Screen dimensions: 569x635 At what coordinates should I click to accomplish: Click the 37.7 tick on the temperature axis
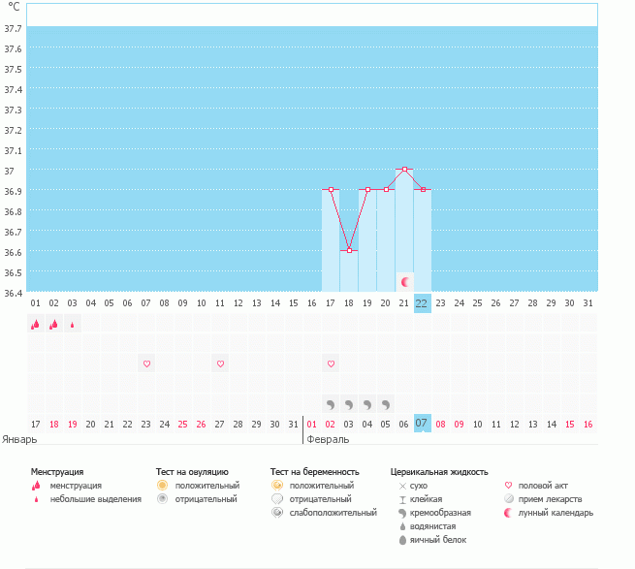[14, 28]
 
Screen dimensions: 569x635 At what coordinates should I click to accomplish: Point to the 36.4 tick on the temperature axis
[14, 292]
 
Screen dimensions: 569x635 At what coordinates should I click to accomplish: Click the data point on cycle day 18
[349, 250]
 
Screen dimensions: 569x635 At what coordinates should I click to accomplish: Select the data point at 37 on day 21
[404, 170]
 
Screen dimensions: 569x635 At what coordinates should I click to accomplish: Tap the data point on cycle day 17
[331, 189]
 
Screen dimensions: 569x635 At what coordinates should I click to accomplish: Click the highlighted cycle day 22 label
[422, 302]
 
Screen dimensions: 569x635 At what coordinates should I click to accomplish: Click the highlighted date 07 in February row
[422, 424]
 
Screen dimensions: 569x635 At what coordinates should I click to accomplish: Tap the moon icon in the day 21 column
[405, 281]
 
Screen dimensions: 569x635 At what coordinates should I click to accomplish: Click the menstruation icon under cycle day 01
[35, 325]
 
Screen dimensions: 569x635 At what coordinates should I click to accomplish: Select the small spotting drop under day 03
[72, 326]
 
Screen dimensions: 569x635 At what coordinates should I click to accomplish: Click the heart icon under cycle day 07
[146, 364]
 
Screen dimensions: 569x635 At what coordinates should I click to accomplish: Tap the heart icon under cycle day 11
[220, 364]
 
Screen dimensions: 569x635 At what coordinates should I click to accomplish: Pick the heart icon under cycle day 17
[331, 364]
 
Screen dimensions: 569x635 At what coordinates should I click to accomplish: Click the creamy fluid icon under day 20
[386, 403]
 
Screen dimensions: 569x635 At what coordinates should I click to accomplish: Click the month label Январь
[20, 438]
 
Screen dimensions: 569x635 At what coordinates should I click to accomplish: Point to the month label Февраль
[328, 438]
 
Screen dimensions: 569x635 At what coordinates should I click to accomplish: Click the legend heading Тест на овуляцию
[192, 471]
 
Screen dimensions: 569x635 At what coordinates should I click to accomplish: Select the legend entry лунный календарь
[556, 513]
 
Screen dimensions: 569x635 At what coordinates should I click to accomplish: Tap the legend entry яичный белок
[438, 539]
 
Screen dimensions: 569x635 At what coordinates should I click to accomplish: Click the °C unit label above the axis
[15, 8]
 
